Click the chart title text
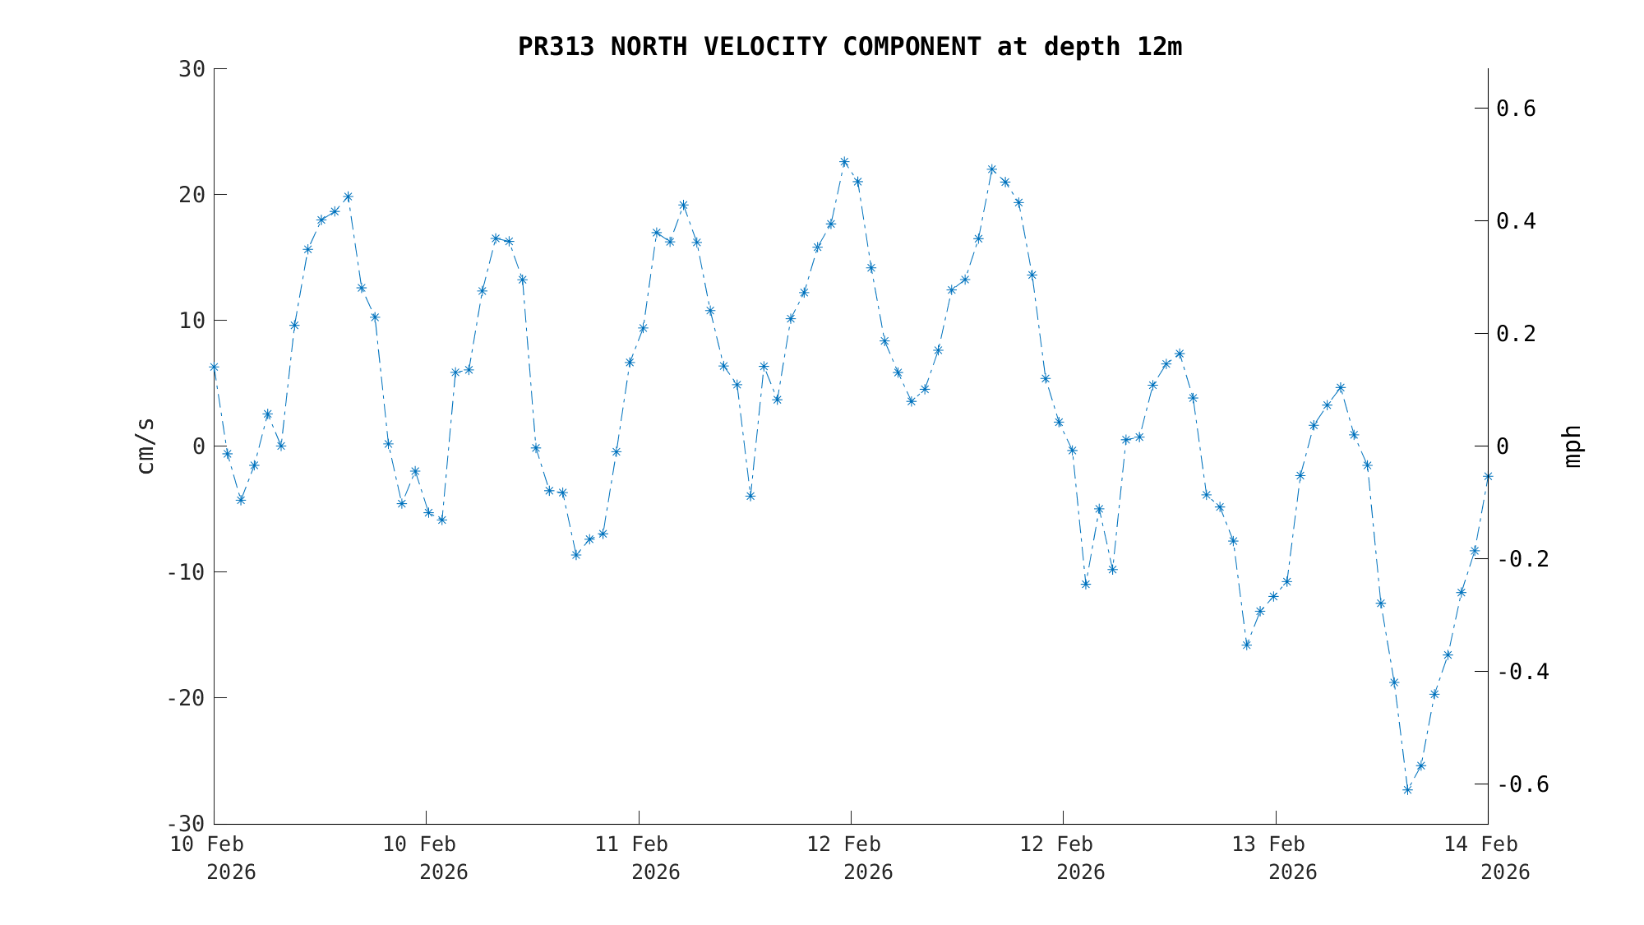849,47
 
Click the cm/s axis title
145,446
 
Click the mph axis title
1572,446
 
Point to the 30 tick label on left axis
192,69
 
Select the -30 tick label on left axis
186,824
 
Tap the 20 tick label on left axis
192,195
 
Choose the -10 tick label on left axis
186,572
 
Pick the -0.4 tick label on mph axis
1522,672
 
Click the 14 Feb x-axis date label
1481,844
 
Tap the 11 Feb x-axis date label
631,844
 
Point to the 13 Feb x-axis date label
1268,844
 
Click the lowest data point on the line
1407,789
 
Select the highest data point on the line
844,162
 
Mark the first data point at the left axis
214,368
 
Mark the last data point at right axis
1487,477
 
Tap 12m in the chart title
1159,47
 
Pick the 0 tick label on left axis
198,446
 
